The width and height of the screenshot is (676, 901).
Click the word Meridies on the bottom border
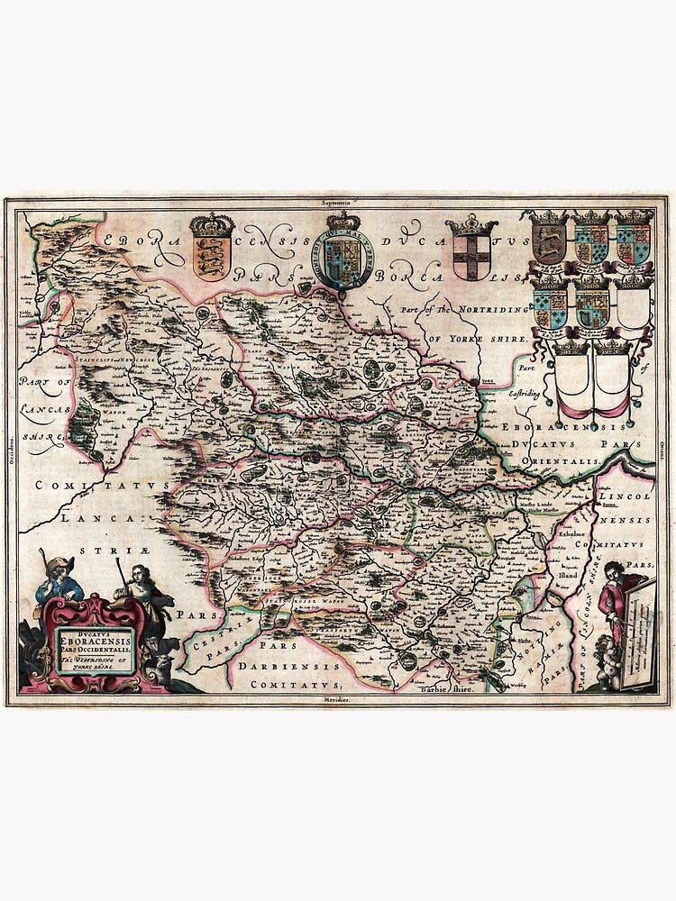coord(338,699)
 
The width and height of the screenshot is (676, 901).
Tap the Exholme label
coord(562,534)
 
